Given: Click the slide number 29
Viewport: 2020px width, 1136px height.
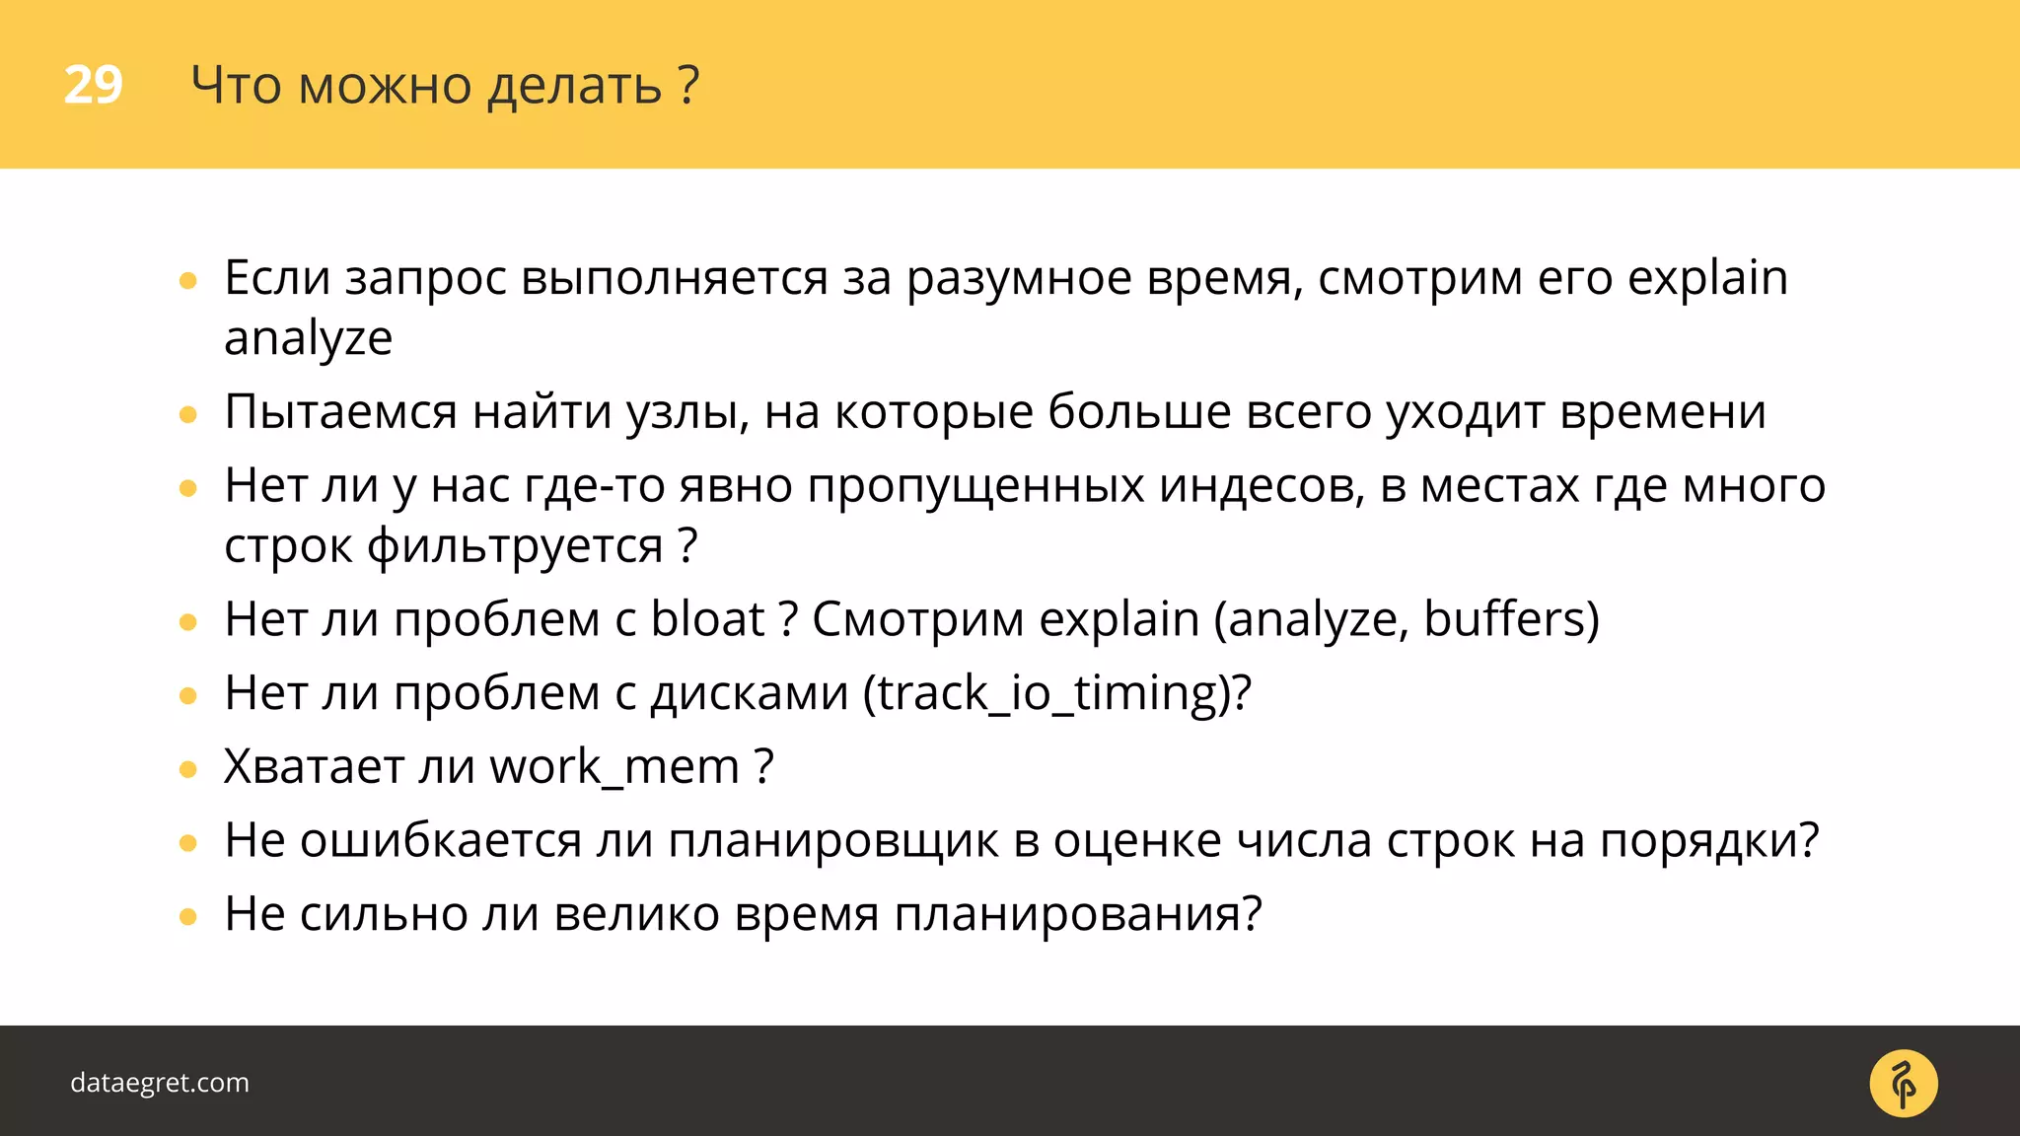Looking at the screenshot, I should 93,85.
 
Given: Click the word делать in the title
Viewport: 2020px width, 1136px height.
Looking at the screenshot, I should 574,86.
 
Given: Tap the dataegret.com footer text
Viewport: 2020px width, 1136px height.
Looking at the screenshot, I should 160,1082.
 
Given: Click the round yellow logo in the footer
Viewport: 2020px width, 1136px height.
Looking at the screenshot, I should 1903,1084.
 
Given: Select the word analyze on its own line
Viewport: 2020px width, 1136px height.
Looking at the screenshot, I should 308,338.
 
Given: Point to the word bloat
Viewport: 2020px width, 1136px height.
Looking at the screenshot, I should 707,619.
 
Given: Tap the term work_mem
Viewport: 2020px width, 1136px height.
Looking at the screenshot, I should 614,766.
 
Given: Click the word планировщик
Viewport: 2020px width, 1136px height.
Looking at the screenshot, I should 833,840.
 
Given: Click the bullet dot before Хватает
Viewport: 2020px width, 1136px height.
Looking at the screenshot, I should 188,769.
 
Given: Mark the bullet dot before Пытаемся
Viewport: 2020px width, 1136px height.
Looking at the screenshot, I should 188,415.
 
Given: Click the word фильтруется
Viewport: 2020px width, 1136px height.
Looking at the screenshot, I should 515,546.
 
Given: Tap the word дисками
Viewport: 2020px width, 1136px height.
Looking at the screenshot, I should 750,692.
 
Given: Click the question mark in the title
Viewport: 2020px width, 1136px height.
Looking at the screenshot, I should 689,85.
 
